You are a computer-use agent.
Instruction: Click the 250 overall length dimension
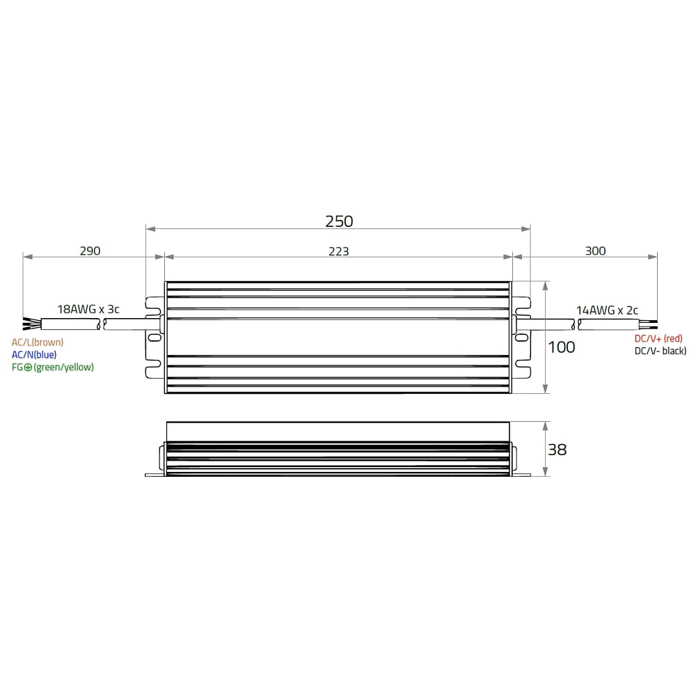pos(339,221)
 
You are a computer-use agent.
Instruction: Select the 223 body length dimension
pos(339,252)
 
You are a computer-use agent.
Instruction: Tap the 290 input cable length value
pos(90,251)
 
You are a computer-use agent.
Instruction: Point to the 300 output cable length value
pos(595,251)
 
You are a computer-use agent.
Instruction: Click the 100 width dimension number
pos(562,347)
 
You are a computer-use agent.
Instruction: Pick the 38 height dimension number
pos(557,450)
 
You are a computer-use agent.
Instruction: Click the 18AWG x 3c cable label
pos(88,309)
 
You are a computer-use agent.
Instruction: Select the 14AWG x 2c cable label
pos(607,310)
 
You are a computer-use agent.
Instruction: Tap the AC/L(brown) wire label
pos(38,342)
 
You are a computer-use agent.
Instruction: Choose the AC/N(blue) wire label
pos(34,355)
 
